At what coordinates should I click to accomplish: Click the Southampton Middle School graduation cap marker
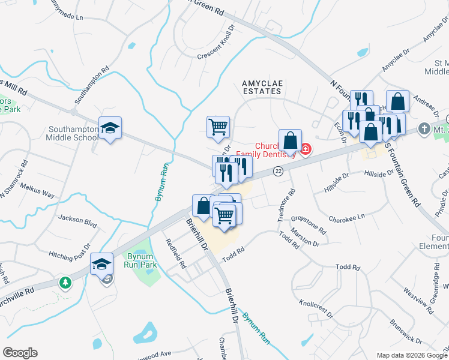(110, 128)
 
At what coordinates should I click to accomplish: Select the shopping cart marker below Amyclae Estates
(218, 127)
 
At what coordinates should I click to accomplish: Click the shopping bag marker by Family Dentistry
(290, 142)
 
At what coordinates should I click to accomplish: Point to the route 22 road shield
(278, 172)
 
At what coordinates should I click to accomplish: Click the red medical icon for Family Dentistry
(306, 148)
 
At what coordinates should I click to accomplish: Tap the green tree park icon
(65, 281)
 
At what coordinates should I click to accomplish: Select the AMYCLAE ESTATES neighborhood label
(261, 87)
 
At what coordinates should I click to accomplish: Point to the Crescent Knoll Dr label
(223, 52)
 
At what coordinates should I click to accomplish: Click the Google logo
(20, 353)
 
